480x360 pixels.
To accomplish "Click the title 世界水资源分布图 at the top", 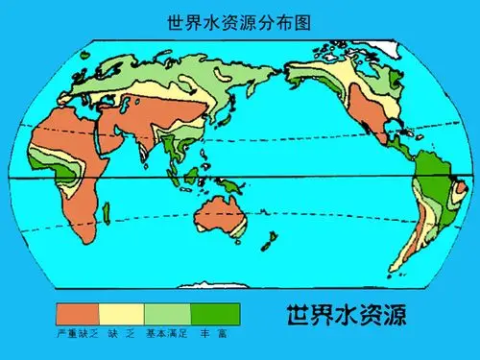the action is coord(239,20).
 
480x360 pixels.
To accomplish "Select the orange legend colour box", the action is coord(77,314).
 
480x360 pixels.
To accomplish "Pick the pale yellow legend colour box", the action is coord(122,314).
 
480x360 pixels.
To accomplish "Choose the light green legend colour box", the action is coord(167,314).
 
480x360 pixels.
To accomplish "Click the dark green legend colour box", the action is coord(215,314).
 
